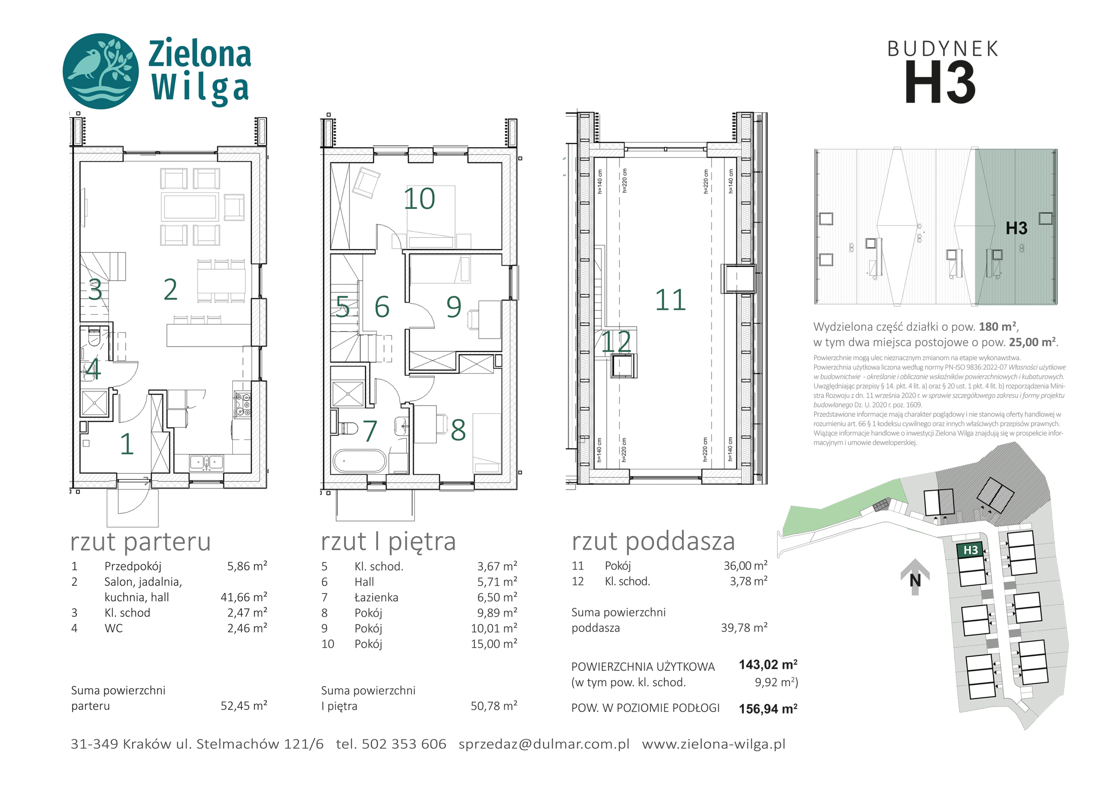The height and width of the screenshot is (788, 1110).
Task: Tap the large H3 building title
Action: [940, 82]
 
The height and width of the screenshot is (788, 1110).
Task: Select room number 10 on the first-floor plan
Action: [419, 199]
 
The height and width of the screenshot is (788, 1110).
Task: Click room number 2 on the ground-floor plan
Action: [170, 290]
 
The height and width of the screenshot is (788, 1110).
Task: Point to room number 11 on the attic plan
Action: [670, 300]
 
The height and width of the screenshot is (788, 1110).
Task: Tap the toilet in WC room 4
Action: [94, 337]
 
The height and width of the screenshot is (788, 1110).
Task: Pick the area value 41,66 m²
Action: [244, 597]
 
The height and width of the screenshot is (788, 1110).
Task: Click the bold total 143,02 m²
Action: [768, 665]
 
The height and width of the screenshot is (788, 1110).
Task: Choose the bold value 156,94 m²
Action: [768, 709]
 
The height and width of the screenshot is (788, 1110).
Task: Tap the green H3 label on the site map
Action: [970, 550]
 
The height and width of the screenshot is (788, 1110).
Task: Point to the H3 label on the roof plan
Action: [1016, 228]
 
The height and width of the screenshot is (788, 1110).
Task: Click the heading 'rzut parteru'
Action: [140, 542]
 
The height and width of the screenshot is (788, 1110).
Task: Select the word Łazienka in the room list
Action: [376, 597]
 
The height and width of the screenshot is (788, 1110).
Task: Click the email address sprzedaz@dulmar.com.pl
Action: [544, 744]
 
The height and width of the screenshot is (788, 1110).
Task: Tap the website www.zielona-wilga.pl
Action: [713, 744]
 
